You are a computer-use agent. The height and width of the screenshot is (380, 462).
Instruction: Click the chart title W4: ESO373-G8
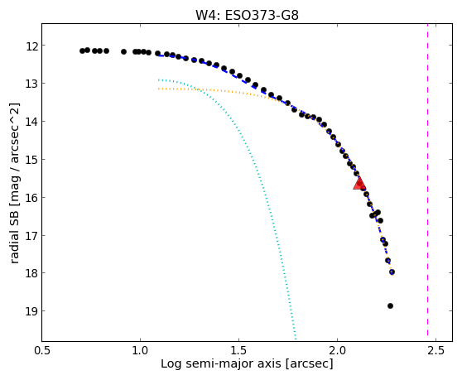(247, 15)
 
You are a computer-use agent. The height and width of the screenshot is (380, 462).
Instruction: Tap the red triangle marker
(359, 184)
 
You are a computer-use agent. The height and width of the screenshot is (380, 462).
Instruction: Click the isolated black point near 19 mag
(390, 305)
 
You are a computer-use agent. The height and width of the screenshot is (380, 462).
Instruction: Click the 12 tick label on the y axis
(31, 46)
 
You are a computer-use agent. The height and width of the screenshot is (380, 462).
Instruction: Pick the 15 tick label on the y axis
(31, 160)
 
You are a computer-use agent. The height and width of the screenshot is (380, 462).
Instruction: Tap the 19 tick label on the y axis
(31, 311)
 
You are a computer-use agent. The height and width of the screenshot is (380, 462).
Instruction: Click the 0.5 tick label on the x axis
(42, 350)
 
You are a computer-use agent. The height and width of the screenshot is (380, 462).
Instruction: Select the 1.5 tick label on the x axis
(238, 350)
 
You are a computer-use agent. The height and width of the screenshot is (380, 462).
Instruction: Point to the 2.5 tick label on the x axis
(436, 350)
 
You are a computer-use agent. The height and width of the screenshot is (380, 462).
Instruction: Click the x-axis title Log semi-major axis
(221, 363)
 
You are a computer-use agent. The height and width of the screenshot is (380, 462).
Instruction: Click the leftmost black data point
(82, 51)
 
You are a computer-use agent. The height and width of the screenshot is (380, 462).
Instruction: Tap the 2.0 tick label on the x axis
(337, 350)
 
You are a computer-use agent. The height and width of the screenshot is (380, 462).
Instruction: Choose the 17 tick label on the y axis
(31, 236)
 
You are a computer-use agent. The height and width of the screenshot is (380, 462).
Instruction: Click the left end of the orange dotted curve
(158, 89)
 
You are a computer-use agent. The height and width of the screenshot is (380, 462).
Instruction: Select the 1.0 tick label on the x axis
(140, 350)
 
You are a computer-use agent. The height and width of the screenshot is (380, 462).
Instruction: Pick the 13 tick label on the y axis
(31, 84)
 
